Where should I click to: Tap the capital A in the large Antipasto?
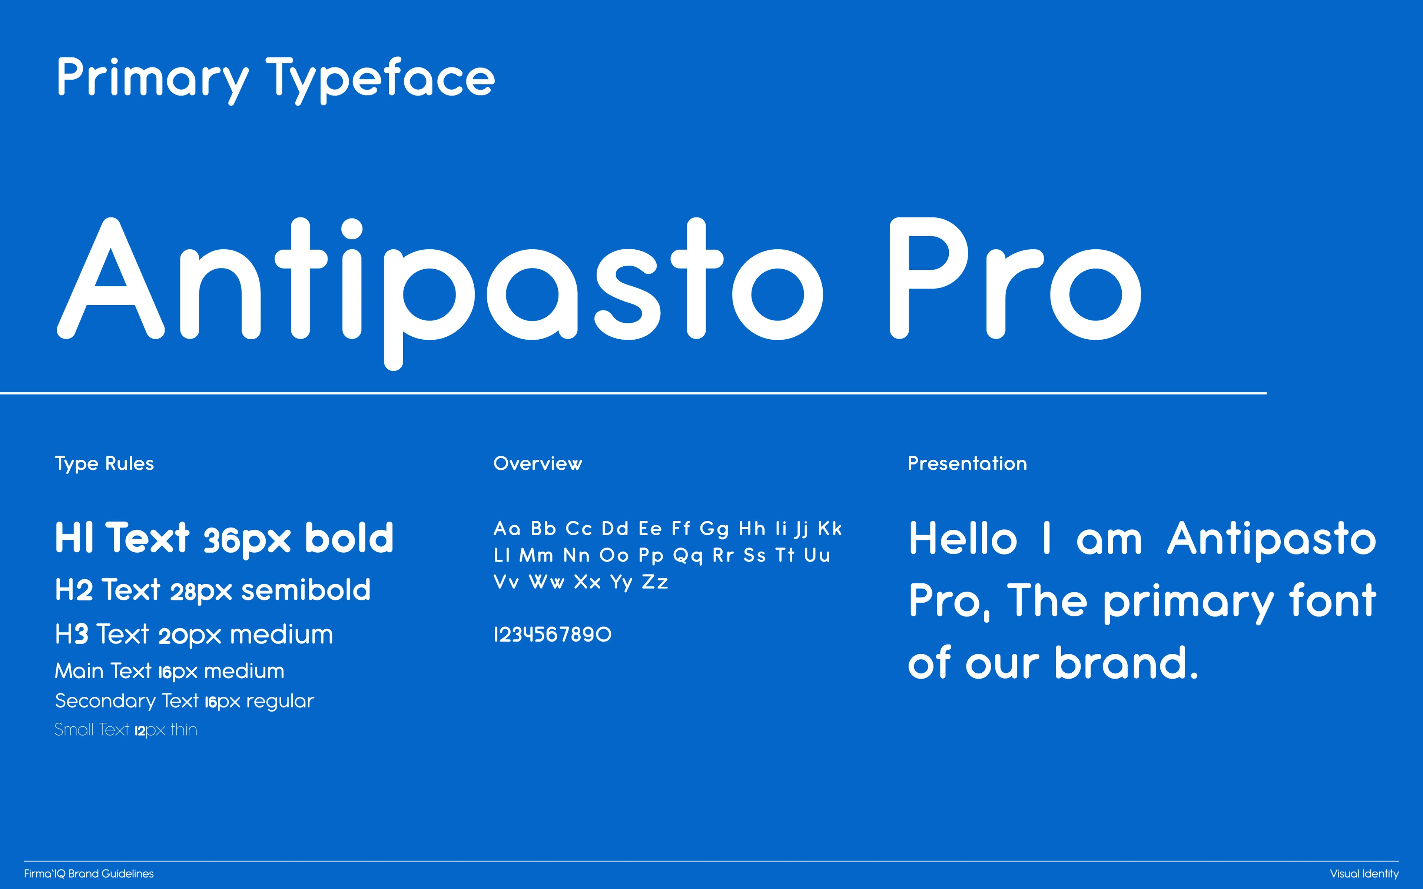110,278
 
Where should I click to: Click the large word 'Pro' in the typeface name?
1015,278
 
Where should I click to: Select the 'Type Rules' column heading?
104,464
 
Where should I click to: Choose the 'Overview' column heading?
537,463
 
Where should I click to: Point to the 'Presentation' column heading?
967,463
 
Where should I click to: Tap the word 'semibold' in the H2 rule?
306,590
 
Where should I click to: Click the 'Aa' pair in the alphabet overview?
507,529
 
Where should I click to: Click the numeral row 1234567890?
552,635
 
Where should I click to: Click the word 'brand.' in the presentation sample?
1125,663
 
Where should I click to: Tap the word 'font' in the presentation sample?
1333,600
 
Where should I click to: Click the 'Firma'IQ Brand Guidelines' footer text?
89,874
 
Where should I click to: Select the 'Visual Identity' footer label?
1364,874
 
